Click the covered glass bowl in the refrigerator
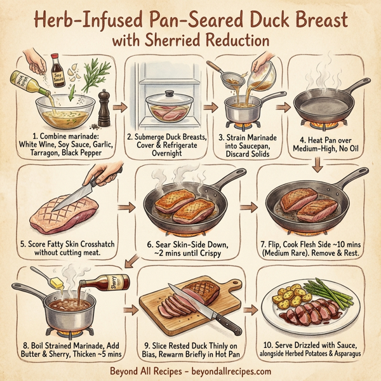(x=169, y=109)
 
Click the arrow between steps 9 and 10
(x=252, y=311)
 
